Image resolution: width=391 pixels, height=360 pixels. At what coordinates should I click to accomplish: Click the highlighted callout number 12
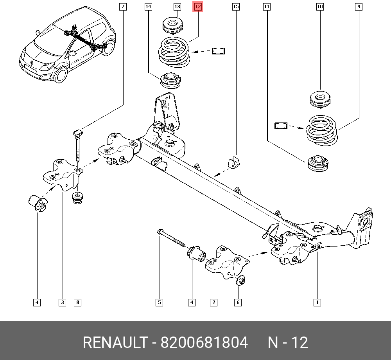(198, 7)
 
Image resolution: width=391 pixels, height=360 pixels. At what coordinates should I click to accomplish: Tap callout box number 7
(123, 7)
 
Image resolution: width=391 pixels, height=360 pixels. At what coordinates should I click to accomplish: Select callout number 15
(235, 7)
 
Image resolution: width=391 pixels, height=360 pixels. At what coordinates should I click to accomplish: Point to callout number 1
(317, 302)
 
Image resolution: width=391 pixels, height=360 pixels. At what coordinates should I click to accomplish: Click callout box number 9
(359, 7)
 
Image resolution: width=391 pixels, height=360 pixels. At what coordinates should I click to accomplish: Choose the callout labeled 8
(78, 302)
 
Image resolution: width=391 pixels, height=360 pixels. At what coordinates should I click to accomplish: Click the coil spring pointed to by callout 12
(174, 51)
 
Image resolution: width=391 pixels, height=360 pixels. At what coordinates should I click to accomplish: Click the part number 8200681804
(204, 343)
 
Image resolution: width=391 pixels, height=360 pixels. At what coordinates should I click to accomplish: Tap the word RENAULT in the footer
(114, 343)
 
